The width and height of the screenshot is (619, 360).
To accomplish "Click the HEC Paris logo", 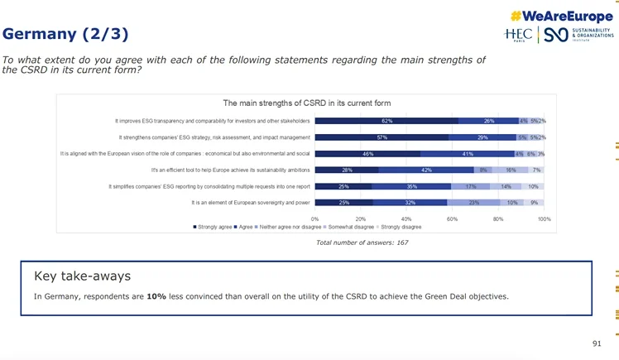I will coord(519,34).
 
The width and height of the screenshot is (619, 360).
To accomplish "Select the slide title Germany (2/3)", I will coord(65,34).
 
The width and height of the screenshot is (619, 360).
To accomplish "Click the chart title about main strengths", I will coord(307,103).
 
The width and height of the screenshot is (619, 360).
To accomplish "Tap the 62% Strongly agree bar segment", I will coord(387,121).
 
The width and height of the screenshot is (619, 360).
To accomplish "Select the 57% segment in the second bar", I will coord(381,137).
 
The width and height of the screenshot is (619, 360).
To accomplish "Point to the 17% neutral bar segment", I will coord(470,186).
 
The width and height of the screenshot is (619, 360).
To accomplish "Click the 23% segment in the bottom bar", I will coord(473,202).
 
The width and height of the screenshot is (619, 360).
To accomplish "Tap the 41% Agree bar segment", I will coord(468,153).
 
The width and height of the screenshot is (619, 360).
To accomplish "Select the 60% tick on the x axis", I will coord(453,218).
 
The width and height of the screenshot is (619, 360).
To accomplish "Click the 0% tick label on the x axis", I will coord(315,218).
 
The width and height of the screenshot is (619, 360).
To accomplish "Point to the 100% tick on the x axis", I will coord(545,218).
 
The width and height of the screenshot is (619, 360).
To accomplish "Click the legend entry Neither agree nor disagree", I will coord(287,227).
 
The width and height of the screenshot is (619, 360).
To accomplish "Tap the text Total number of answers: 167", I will coord(362,242).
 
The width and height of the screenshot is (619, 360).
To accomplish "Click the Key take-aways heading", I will coord(82,276).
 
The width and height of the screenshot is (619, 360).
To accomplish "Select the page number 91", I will coord(597,343).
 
